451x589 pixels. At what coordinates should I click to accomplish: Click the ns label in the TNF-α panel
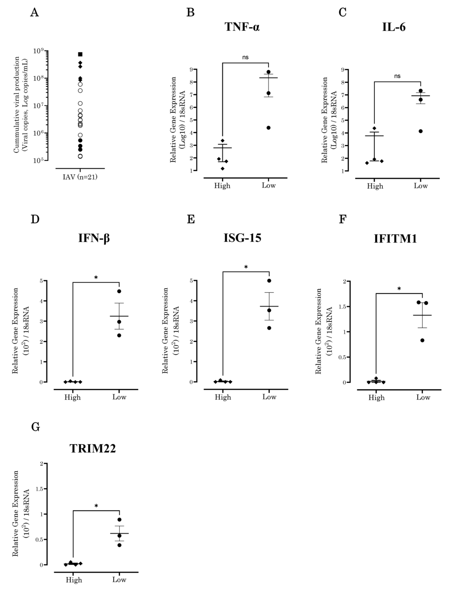tap(245, 57)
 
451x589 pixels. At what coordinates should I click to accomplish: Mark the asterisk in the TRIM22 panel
tap(96, 506)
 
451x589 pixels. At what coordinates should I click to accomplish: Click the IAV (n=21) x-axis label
tap(80, 177)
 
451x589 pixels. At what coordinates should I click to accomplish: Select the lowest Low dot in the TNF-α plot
tap(268, 128)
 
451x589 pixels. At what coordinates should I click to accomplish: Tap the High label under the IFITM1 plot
tap(376, 398)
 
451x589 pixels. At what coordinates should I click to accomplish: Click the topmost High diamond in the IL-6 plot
tap(375, 128)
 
